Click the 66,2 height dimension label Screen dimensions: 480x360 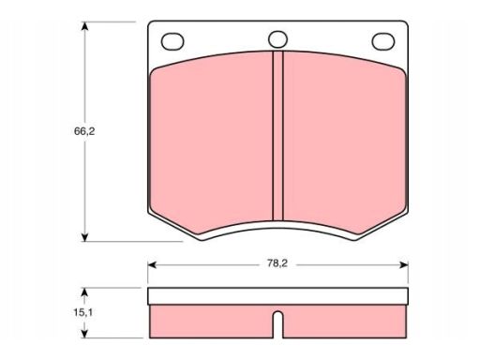84,131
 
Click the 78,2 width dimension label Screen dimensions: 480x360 277,263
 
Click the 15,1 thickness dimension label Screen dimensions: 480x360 83,312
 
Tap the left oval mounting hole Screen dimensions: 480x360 172,41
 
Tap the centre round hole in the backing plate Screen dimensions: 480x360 277,39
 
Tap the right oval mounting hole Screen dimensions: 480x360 383,41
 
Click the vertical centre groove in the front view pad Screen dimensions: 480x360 277,136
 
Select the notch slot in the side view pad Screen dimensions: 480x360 277,324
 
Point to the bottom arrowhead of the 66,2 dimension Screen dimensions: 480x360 84,237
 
